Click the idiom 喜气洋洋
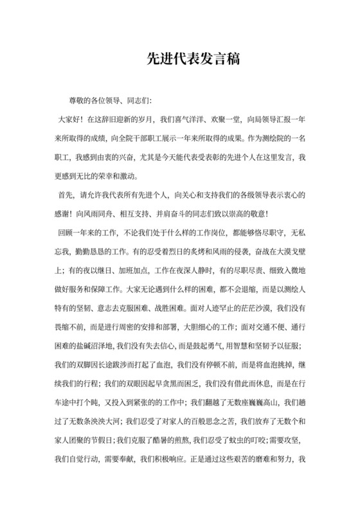pos(195,119)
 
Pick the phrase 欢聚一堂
pos(235,119)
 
